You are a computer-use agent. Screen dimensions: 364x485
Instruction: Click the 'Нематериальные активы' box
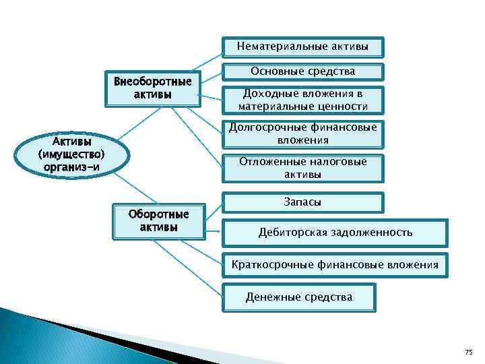point(302,47)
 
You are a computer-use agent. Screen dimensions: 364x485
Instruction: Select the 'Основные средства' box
point(302,71)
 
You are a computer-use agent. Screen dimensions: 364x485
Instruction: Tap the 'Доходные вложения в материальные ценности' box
point(302,100)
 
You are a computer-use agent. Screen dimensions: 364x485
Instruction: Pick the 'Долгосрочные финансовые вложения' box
point(302,133)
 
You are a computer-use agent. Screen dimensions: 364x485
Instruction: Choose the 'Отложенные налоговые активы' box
point(302,168)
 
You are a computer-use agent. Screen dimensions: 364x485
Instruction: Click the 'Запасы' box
point(302,202)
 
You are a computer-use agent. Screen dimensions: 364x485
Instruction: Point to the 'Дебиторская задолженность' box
point(335,233)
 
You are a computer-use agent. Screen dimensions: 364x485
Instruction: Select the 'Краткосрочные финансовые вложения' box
point(335,265)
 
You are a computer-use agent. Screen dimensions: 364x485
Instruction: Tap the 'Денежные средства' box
point(298,297)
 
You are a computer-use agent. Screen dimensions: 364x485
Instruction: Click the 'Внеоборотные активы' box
point(153,88)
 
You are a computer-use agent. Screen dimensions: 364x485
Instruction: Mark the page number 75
point(469,352)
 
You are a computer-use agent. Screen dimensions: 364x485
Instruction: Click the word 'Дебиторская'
point(291,233)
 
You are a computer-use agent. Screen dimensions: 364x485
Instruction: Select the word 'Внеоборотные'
point(153,82)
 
